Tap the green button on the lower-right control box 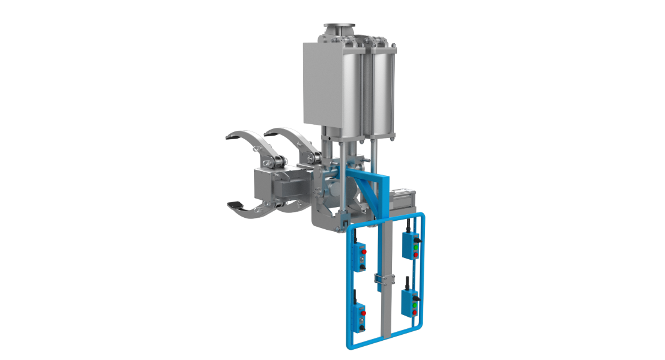[414, 304]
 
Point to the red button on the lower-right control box [414, 313]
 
